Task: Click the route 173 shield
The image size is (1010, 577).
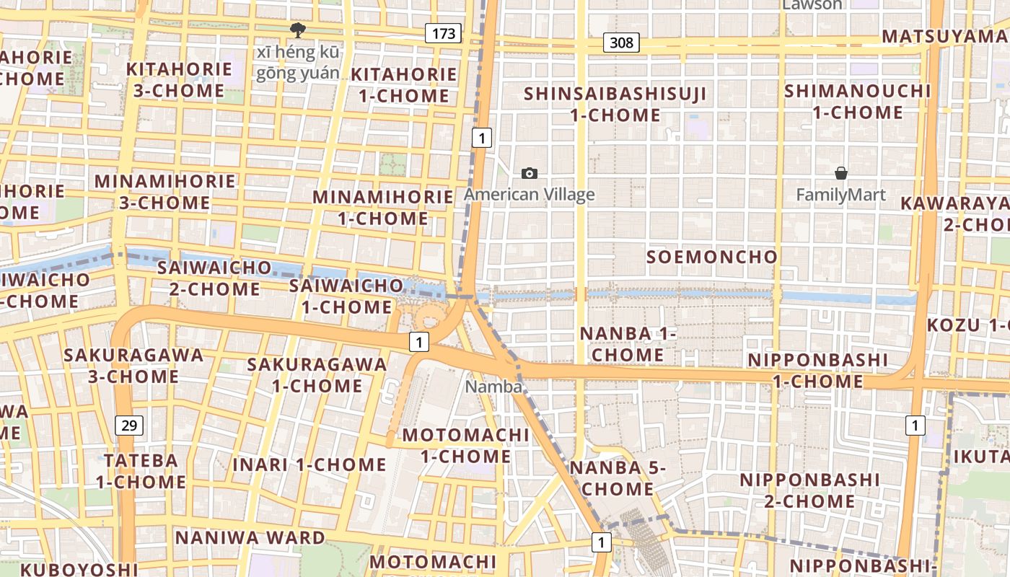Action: [x=443, y=32]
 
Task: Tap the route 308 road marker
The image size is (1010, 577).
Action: [x=621, y=43]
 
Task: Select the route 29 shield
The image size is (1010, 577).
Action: [x=129, y=425]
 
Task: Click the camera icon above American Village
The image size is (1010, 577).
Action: [x=530, y=173]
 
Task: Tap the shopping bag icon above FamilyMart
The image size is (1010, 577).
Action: [x=840, y=173]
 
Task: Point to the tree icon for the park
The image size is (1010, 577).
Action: [x=296, y=30]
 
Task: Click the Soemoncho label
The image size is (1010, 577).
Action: [x=711, y=257]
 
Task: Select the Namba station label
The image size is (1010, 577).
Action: [x=493, y=387]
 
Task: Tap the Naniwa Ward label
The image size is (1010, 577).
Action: [x=250, y=537]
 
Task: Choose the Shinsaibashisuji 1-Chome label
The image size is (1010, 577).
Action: [x=615, y=104]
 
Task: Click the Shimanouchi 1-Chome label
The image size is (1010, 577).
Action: [x=857, y=102]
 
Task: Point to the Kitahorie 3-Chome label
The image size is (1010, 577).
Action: [x=179, y=80]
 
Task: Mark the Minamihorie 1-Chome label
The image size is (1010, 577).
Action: [x=382, y=207]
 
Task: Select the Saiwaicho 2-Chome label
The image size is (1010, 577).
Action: [x=214, y=278]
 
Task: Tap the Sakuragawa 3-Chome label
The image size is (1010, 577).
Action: [x=133, y=366]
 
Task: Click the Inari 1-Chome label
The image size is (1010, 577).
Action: [x=309, y=464]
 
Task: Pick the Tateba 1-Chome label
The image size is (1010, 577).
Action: [x=141, y=471]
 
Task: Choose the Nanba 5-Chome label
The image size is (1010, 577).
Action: [x=618, y=478]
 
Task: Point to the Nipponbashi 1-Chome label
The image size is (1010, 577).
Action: [x=817, y=370]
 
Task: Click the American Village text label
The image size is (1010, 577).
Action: [x=530, y=194]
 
